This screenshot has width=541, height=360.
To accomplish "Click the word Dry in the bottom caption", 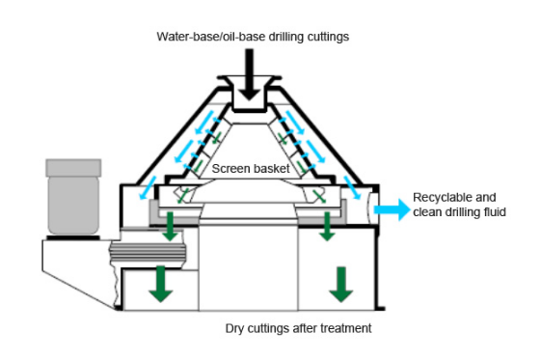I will tap(234, 328).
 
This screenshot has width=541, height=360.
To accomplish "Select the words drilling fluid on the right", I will tap(475, 211).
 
